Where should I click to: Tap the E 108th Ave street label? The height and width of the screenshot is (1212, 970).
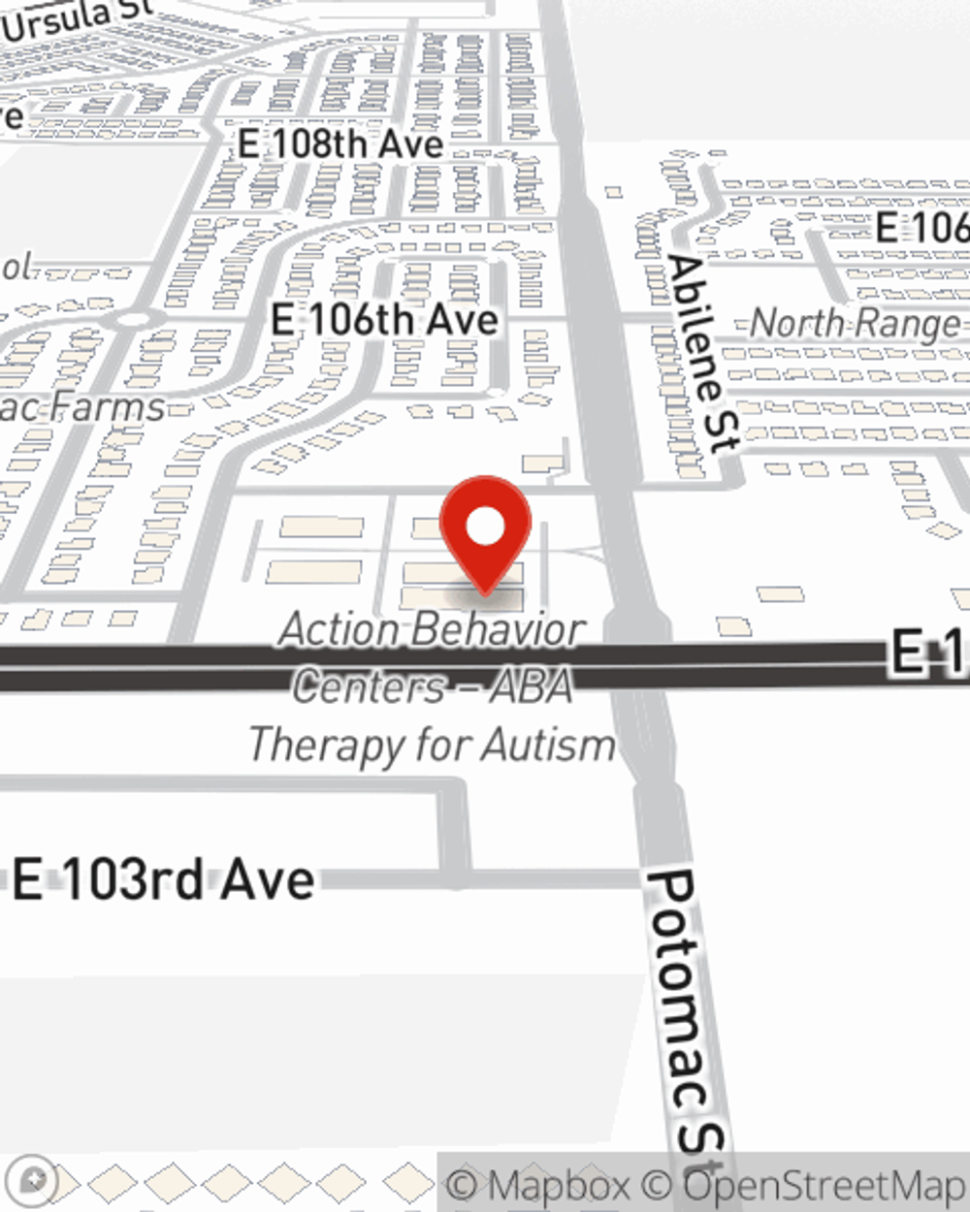pos(340,144)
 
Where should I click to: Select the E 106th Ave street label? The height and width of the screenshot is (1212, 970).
pos(384,320)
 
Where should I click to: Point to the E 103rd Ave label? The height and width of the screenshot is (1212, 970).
pos(164,880)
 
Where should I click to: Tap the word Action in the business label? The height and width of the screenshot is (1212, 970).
pos(336,630)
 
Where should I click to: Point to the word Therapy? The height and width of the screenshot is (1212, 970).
pos(326,746)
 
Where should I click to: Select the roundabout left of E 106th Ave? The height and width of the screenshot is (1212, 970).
pos(135,318)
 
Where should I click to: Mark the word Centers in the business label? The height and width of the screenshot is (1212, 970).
pos(370,686)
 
